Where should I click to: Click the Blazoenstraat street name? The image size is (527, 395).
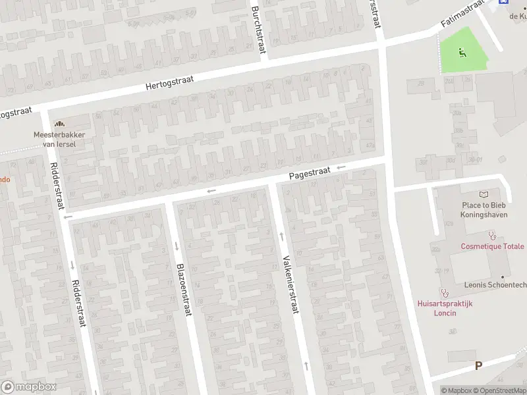[183, 289]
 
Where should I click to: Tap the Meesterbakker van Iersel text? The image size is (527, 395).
[60, 139]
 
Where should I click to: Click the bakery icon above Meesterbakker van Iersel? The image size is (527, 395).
[60, 123]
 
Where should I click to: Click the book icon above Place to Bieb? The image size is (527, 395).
[485, 194]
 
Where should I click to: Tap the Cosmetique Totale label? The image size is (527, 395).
[492, 246]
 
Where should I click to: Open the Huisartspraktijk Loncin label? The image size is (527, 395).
[445, 308]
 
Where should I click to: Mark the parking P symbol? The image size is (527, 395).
[478, 365]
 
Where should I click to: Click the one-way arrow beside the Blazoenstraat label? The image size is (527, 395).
[177, 246]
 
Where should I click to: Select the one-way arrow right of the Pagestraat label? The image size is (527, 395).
[341, 168]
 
